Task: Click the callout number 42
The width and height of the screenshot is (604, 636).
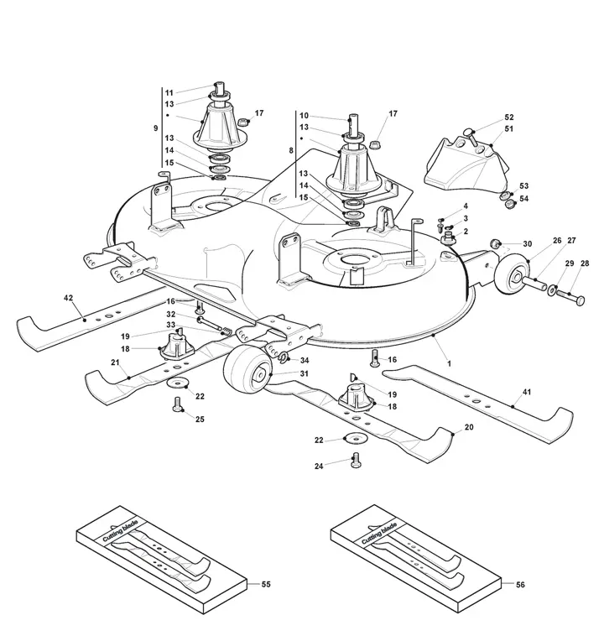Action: pos(68,298)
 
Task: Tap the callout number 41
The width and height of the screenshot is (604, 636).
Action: pos(527,392)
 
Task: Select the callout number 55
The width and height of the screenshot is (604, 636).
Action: pos(266,584)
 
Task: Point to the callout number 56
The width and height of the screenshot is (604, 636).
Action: pos(520,585)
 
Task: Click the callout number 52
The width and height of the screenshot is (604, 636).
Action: pos(509,117)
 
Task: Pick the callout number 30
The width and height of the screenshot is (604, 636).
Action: pos(527,244)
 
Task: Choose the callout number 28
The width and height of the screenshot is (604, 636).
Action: pos(585,263)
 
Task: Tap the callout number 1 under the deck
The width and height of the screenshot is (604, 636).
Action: pos(449,364)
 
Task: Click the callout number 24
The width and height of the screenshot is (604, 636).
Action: pos(319,466)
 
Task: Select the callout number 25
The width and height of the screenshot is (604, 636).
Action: pos(200,419)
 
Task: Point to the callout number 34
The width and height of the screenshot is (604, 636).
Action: pos(305,360)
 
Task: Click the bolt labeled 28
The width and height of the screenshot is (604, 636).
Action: pos(570,296)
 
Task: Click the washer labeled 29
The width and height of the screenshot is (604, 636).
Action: pos(552,290)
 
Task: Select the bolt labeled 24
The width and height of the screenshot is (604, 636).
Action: pos(356,460)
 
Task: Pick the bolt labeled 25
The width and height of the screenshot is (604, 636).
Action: pos(177,404)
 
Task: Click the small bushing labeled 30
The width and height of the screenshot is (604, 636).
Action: pos(495,244)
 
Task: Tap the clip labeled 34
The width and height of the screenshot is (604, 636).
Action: pos(283,357)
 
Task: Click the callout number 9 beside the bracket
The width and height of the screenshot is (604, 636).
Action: pos(155,128)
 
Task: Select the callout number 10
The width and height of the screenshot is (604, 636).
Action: pos(304,116)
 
